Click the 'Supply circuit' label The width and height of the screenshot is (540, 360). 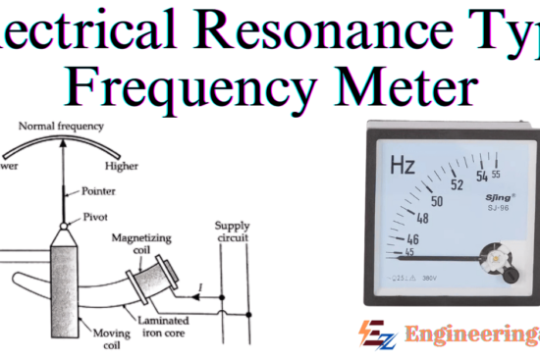point(232,232)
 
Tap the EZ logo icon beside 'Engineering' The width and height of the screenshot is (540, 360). point(372,334)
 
